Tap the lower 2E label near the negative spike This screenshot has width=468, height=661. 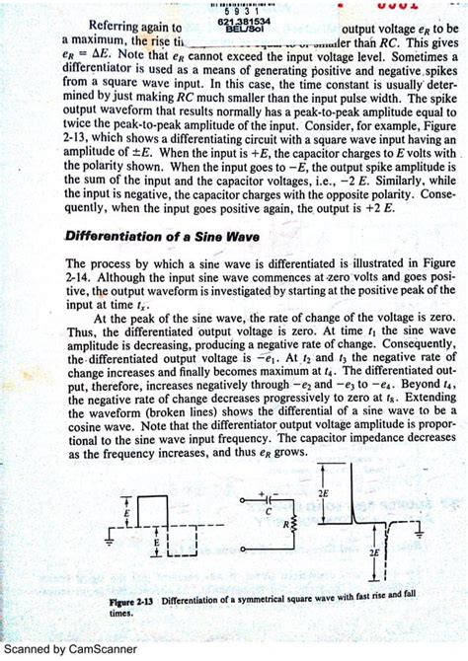click(374, 554)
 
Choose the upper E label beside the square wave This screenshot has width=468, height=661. click(126, 513)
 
